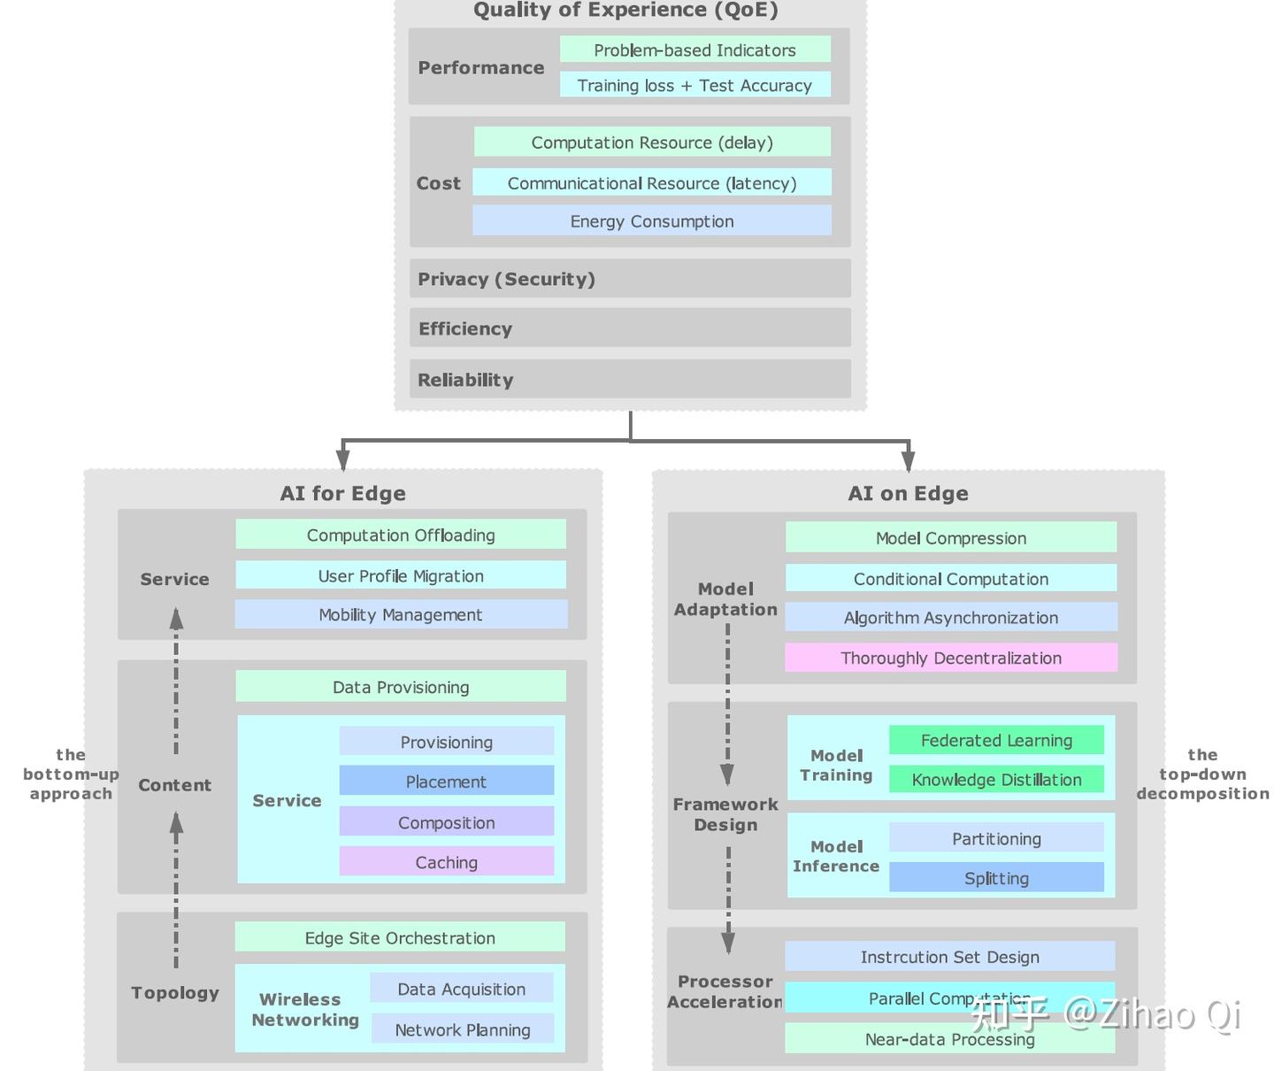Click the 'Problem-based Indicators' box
click(695, 50)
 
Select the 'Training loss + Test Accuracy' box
click(695, 85)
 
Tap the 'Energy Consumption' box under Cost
click(651, 220)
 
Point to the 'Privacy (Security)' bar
click(630, 279)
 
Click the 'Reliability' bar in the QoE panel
click(630, 379)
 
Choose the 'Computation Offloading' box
click(400, 535)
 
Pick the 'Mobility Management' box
click(400, 614)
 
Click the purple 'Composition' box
click(446, 821)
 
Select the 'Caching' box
click(446, 861)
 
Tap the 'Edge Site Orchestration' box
click(400, 937)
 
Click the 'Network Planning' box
click(462, 1029)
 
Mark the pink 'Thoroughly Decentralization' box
click(950, 658)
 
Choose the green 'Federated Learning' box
click(996, 740)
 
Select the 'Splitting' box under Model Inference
click(996, 877)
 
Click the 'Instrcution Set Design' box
click(949, 956)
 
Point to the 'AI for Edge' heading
click(342, 493)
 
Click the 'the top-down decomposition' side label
click(1202, 774)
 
